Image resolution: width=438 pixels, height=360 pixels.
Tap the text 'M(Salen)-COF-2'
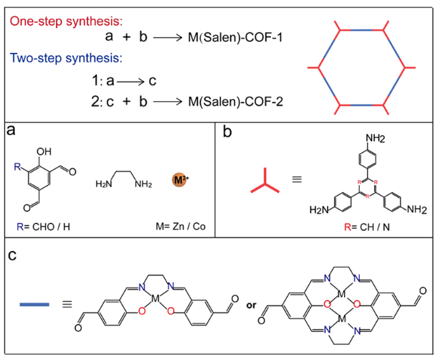[231, 103]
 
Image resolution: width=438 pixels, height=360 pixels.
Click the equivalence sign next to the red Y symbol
[299, 184]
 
